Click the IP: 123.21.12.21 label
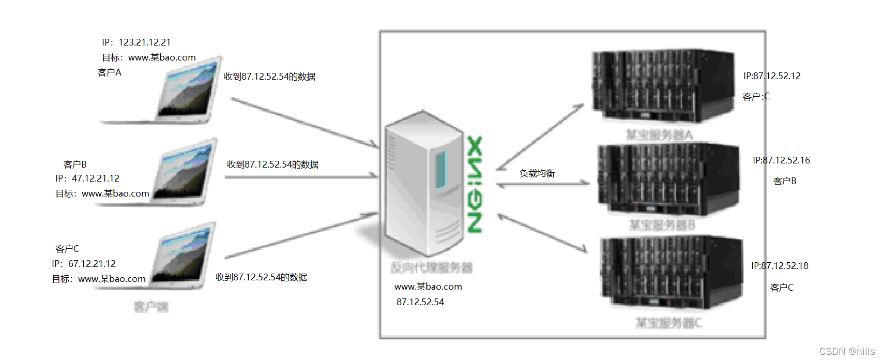(x=136, y=42)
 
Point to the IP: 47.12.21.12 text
(x=87, y=178)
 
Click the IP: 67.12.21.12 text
(x=84, y=264)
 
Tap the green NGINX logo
(x=475, y=184)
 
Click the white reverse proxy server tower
(x=423, y=184)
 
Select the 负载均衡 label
(x=537, y=173)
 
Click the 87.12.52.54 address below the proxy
(x=420, y=302)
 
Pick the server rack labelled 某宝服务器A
(x=663, y=86)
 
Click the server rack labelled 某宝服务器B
(x=668, y=179)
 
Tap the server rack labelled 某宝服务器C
(x=671, y=272)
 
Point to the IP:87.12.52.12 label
(x=772, y=76)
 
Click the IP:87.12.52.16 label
(x=781, y=160)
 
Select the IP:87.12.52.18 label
(x=780, y=266)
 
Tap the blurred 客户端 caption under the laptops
(x=150, y=307)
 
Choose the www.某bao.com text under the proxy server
(x=428, y=287)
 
